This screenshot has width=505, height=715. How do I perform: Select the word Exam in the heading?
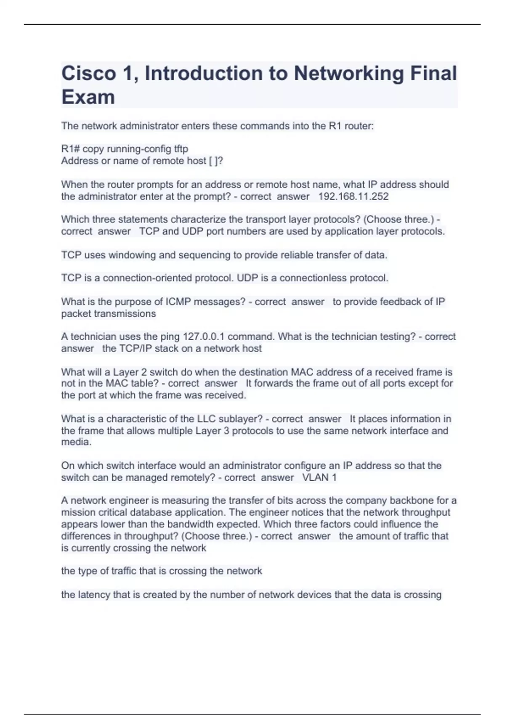coord(88,97)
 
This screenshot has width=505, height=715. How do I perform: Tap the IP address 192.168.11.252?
coord(353,196)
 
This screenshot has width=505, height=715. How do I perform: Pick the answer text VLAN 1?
coord(319,477)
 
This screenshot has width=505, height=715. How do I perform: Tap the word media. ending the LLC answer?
coord(76,442)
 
